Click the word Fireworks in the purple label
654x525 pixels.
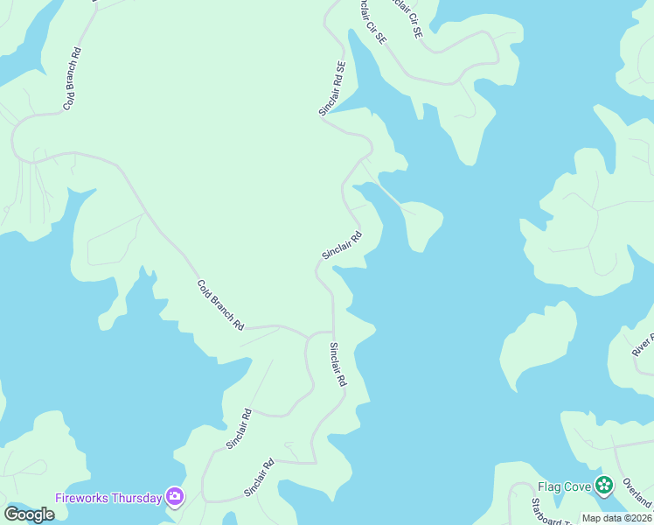pyautogui.click(x=84, y=498)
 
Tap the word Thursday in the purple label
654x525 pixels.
pyautogui.click(x=138, y=498)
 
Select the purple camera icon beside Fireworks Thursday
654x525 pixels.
pyautogui.click(x=175, y=497)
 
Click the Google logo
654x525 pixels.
pyautogui.click(x=29, y=514)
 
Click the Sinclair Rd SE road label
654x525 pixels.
pyautogui.click(x=332, y=88)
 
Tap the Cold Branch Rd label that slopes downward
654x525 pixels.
pyautogui.click(x=220, y=304)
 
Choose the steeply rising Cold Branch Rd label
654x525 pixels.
pyautogui.click(x=72, y=78)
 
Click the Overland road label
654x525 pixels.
pyautogui.click(x=637, y=494)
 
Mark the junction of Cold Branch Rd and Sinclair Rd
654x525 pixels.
pyautogui.click(x=309, y=333)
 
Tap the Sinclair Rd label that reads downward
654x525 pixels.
pyautogui.click(x=337, y=365)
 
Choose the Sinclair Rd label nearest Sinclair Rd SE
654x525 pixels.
pyautogui.click(x=342, y=245)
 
